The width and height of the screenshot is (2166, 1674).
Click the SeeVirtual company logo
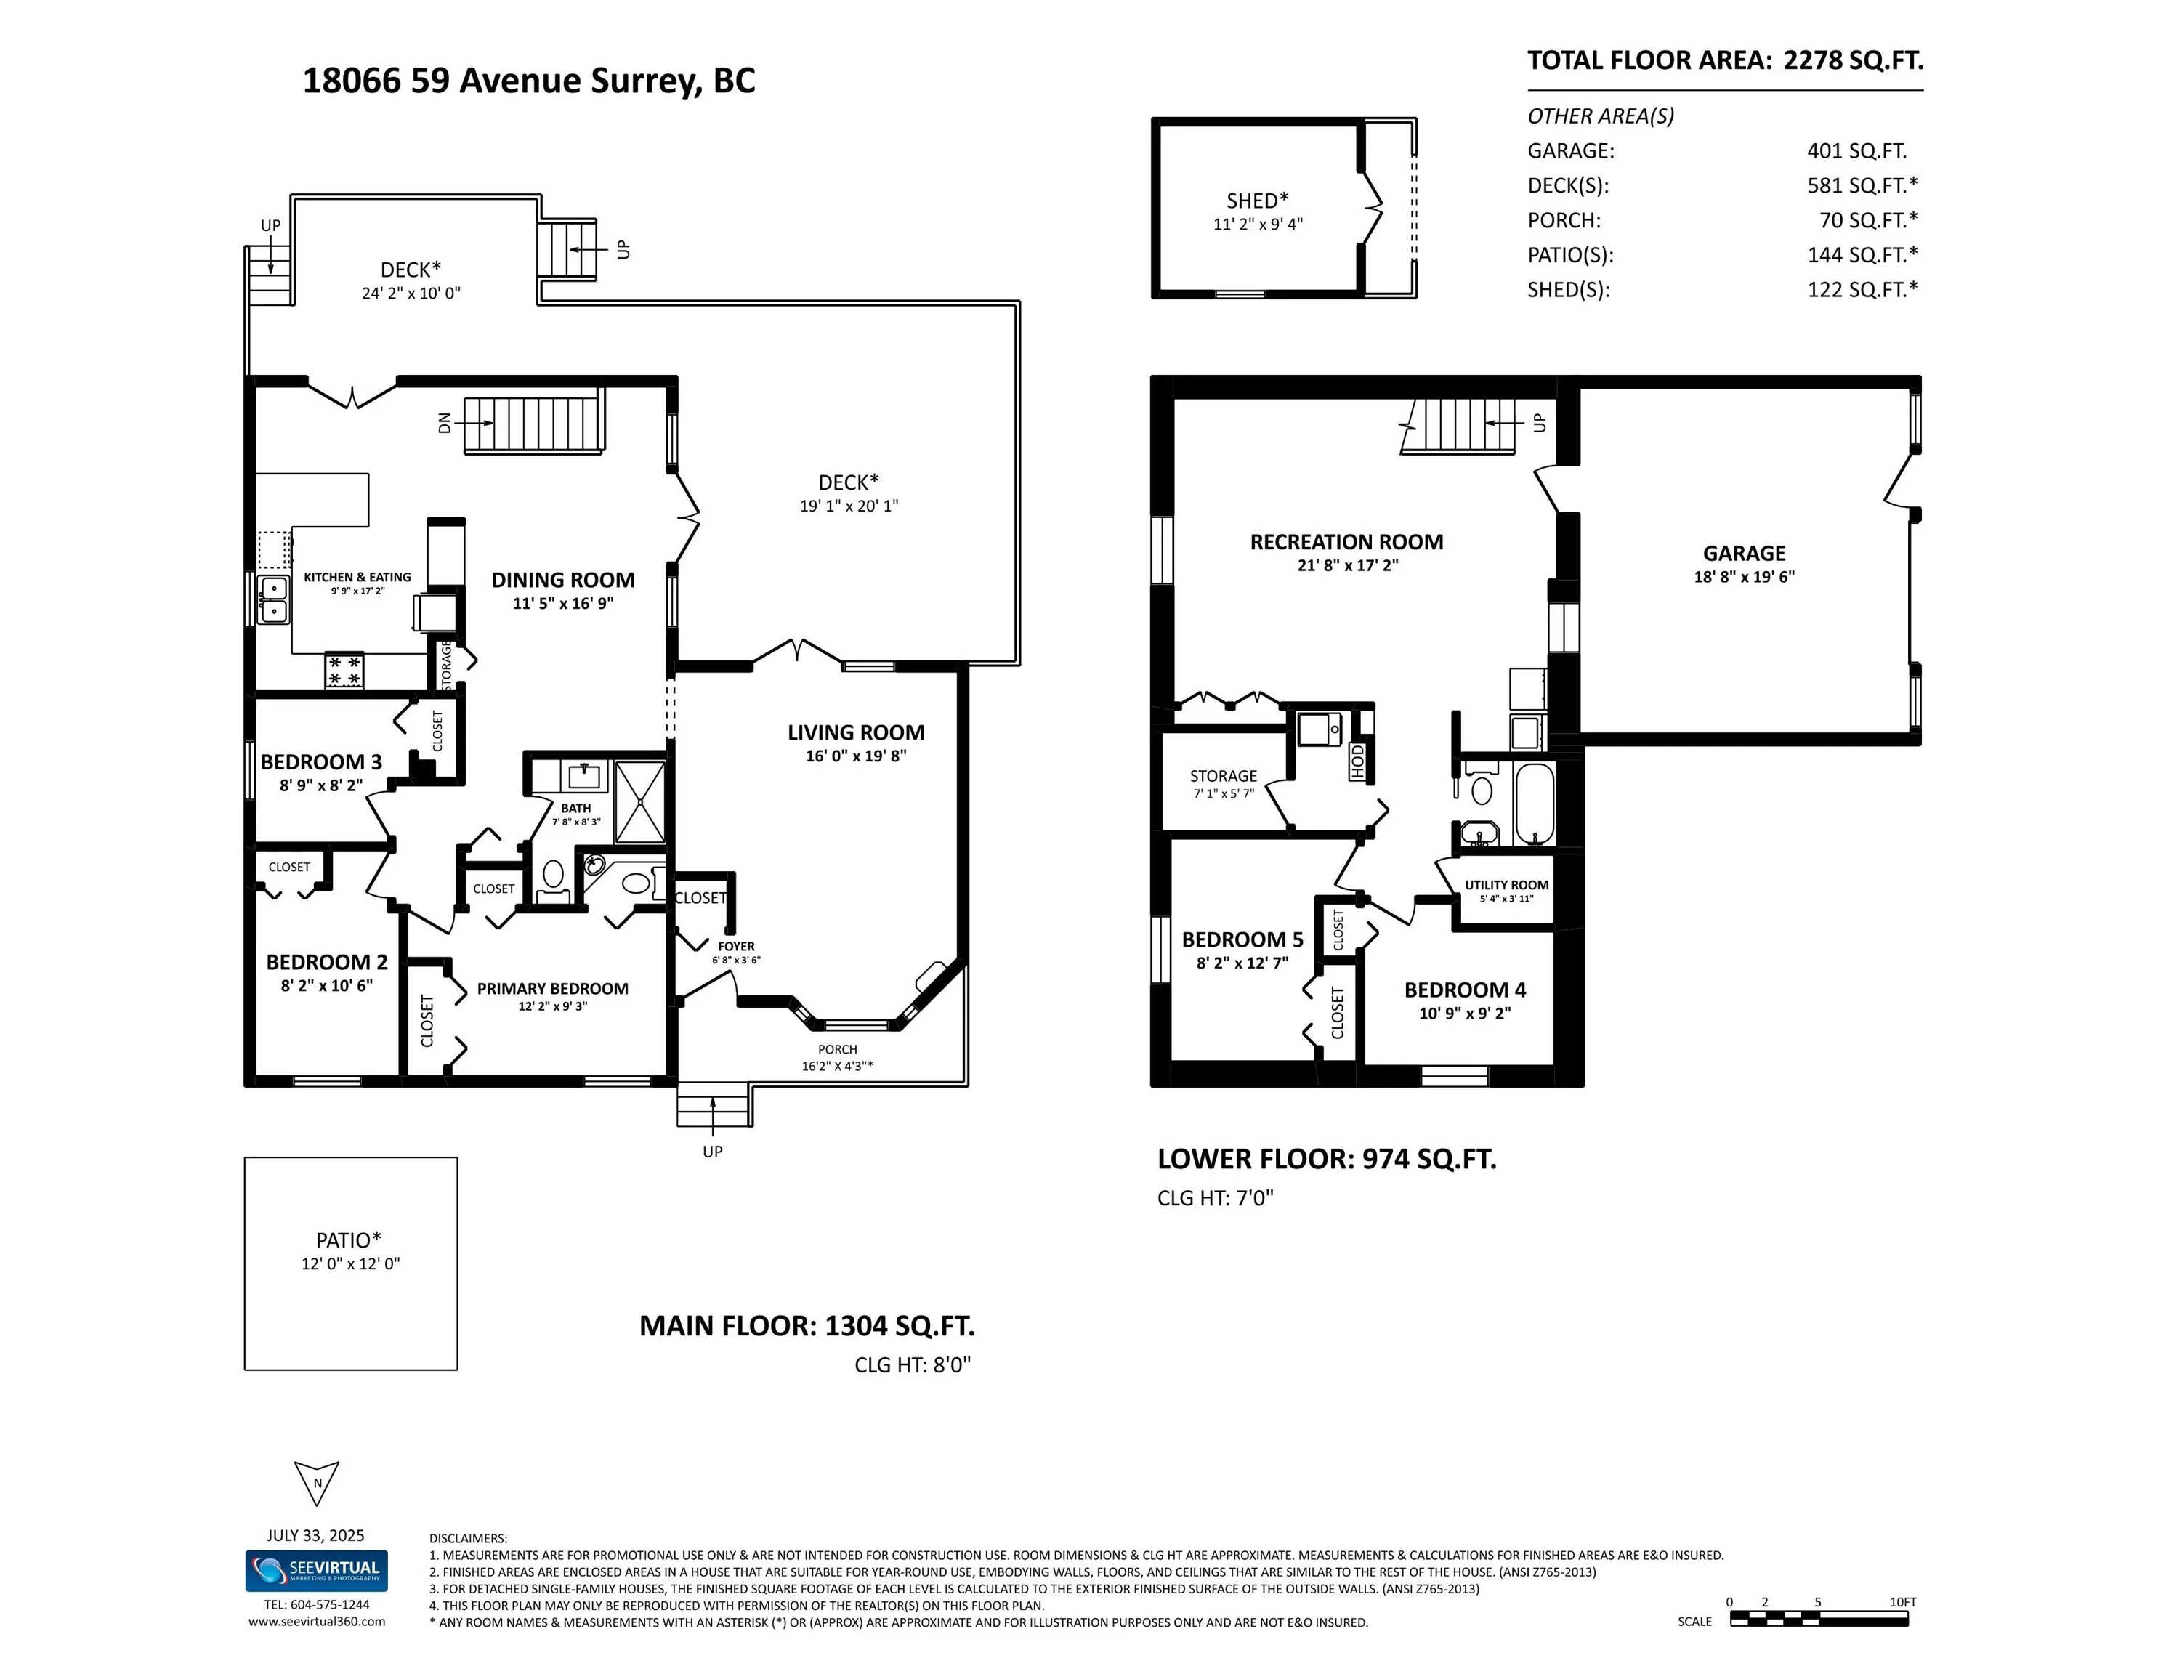[x=316, y=1571]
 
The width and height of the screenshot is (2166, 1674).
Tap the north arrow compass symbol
[x=318, y=1484]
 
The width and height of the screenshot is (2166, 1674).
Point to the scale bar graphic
[x=1819, y=1619]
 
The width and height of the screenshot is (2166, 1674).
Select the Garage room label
[x=1745, y=554]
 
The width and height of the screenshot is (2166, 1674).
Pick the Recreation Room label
[x=1347, y=541]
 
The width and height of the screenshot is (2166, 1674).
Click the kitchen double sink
[x=274, y=600]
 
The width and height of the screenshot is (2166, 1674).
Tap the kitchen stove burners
[x=344, y=671]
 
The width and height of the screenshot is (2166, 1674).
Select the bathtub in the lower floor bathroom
[x=1535, y=804]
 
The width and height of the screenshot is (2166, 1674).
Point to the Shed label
[x=1258, y=201]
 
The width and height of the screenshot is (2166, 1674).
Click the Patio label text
[x=348, y=1240]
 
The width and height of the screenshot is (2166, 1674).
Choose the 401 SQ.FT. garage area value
[x=1856, y=150]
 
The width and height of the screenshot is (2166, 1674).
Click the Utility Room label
[x=1506, y=885]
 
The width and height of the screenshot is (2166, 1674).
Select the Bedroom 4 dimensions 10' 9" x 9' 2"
[x=1465, y=1013]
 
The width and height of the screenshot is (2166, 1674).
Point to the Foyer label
[x=736, y=946]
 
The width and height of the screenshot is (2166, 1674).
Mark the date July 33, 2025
[x=315, y=1535]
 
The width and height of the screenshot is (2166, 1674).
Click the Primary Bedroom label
[x=552, y=989]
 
